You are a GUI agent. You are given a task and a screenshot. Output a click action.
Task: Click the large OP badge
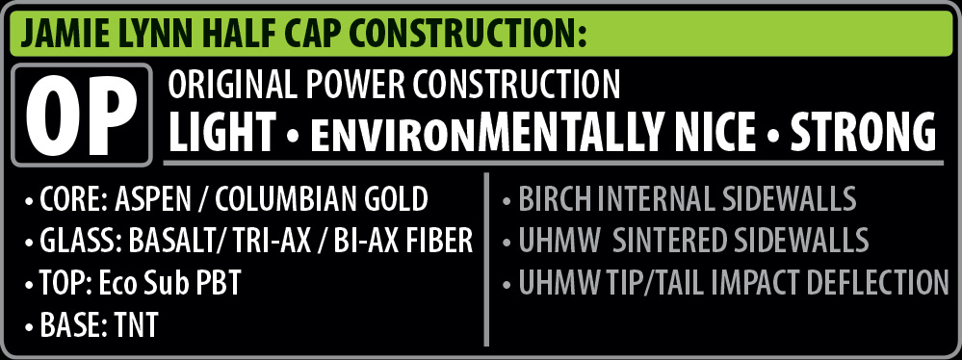point(82,115)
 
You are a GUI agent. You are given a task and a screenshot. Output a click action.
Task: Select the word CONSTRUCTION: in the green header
point(475,35)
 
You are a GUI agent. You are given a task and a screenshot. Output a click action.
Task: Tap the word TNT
point(136,324)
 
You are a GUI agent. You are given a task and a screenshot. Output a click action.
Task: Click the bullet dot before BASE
point(30,327)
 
